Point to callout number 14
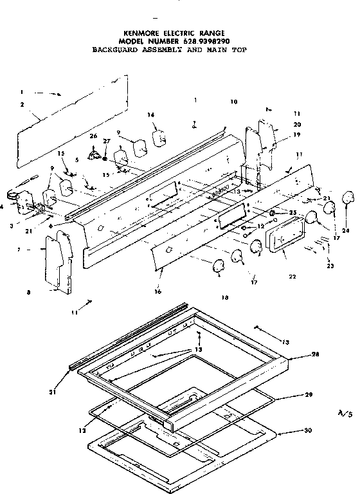(x=151, y=115)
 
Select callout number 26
(x=93, y=136)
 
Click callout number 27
(x=107, y=141)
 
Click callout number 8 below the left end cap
(x=28, y=293)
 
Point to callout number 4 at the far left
(x=3, y=206)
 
